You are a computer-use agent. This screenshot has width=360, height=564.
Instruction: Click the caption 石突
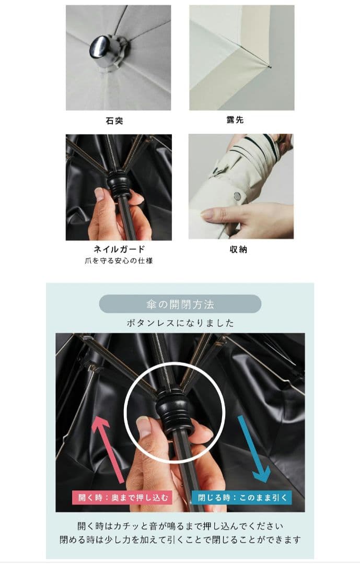coord(114,121)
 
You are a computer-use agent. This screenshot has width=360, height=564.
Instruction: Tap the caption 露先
coord(235,120)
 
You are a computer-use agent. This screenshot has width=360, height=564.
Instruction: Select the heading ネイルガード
coord(119,249)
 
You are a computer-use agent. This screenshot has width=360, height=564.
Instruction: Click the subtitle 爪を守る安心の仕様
coord(119,261)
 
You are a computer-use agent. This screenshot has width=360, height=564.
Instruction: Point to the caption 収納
coord(238,249)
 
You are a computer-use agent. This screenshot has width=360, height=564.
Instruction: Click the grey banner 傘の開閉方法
coord(180,304)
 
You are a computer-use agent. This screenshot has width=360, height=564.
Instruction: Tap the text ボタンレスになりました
coord(180,323)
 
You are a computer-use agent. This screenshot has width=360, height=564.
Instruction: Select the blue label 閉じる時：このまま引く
coord(241,498)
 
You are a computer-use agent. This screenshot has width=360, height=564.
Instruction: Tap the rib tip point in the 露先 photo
coord(270,66)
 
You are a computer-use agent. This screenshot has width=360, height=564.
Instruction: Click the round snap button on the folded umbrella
coord(237,196)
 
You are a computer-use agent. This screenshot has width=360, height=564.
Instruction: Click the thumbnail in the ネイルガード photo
coord(99,195)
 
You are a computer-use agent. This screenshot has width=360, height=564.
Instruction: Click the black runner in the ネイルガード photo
coord(119,183)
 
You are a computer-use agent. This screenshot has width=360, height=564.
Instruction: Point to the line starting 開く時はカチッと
coord(180,526)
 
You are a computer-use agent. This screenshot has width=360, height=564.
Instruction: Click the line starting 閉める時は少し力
coord(180,540)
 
